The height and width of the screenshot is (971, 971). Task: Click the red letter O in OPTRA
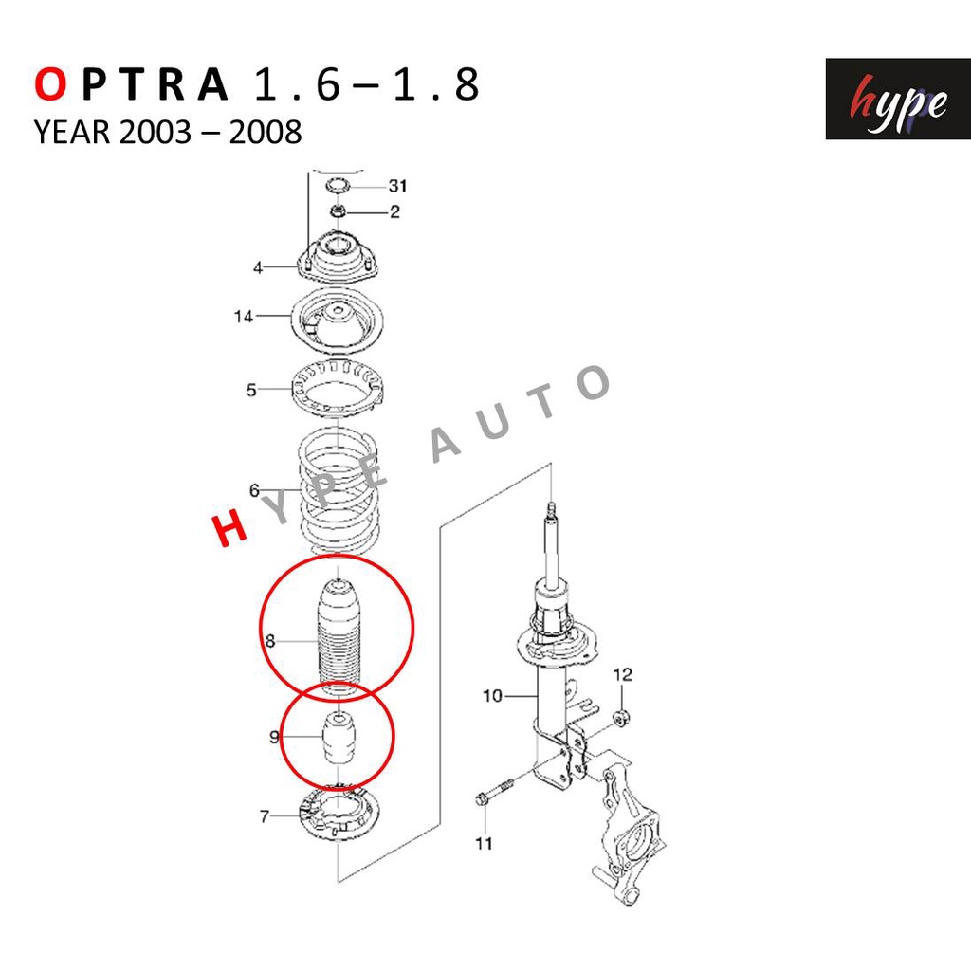click(50, 83)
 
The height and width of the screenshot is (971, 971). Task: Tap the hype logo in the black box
click(897, 99)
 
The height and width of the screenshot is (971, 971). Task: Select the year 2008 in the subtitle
click(266, 132)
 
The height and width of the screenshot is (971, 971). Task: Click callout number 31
click(397, 185)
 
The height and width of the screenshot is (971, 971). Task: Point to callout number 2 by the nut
click(395, 211)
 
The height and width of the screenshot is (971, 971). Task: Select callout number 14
click(244, 317)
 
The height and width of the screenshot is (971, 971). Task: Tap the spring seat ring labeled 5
click(337, 390)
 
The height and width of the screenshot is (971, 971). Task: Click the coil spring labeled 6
click(339, 490)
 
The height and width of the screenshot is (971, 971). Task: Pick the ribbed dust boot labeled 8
click(339, 638)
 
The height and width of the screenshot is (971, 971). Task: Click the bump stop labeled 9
click(339, 740)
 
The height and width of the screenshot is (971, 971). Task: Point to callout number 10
click(492, 696)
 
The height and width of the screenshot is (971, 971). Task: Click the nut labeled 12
click(622, 719)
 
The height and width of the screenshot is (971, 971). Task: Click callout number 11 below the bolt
click(484, 843)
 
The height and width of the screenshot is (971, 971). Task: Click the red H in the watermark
click(229, 530)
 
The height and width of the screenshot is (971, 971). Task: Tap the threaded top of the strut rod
click(552, 511)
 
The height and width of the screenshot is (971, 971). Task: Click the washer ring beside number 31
click(338, 185)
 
